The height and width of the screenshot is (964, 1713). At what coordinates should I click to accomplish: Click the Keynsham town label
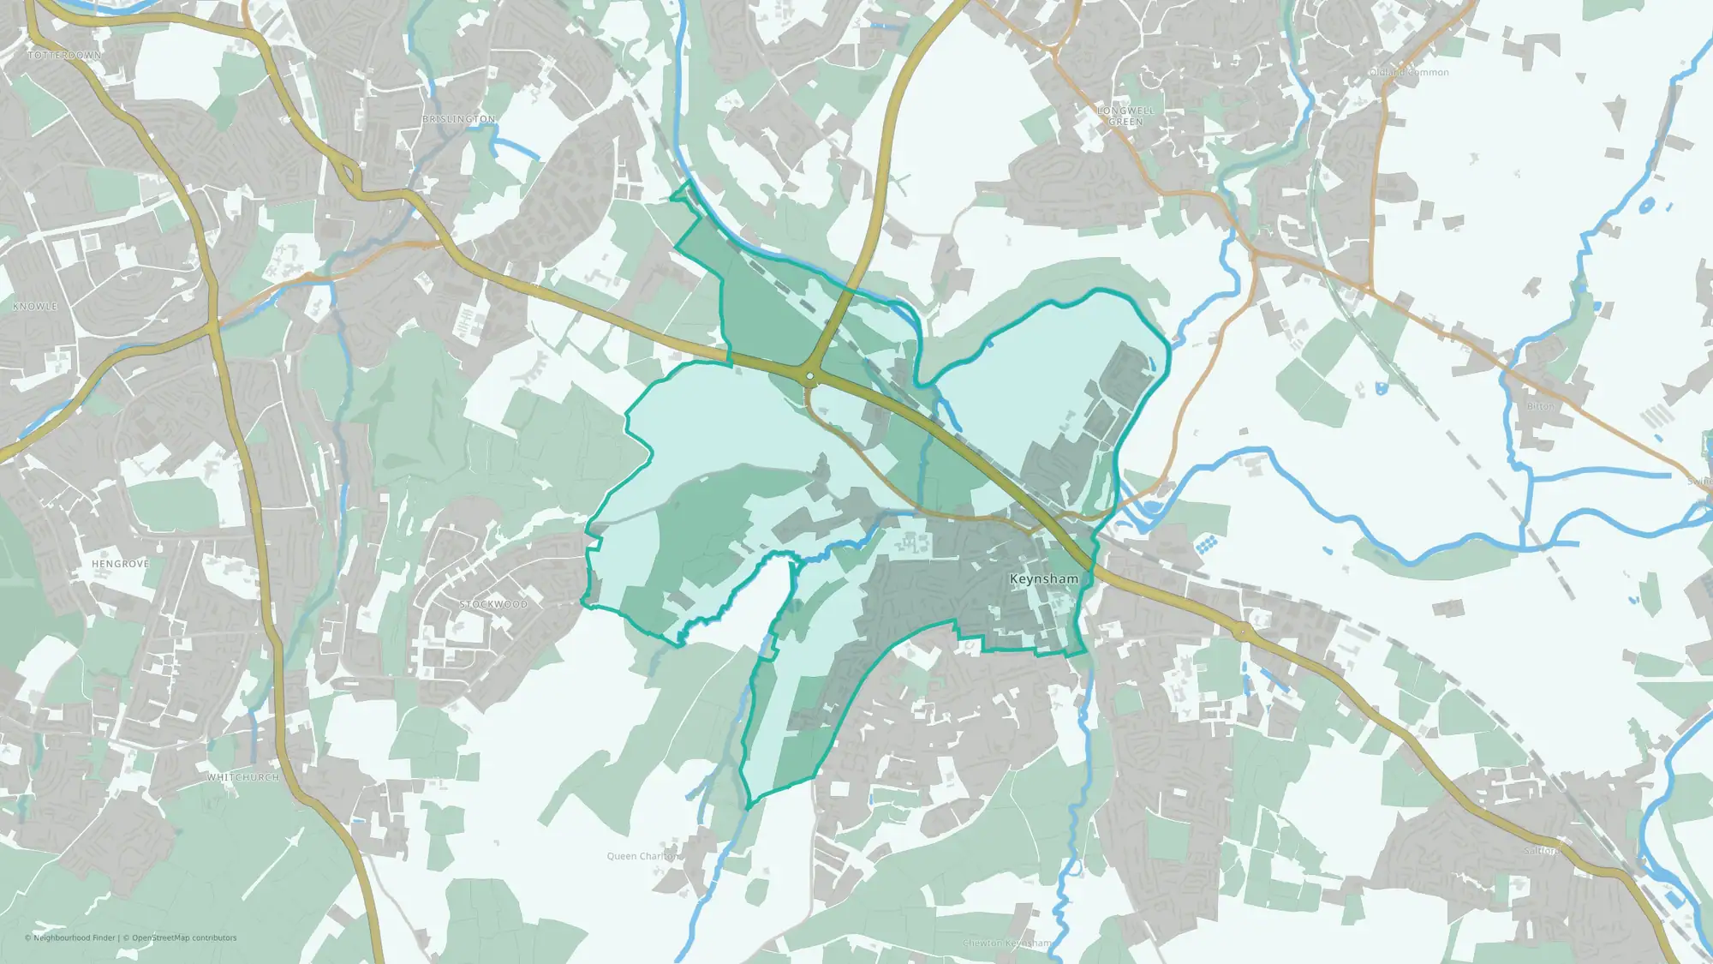[1044, 579]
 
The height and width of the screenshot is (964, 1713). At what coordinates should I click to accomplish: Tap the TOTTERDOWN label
[64, 56]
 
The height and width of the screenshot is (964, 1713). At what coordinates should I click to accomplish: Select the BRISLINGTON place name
[459, 119]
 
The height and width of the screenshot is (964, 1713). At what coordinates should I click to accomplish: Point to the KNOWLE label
[35, 307]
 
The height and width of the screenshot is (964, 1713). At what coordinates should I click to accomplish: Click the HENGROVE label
[121, 564]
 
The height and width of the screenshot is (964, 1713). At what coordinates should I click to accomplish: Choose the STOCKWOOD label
[493, 604]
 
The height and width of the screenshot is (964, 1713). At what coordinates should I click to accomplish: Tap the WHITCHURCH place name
[243, 777]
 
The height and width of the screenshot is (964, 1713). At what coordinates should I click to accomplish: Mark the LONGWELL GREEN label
[1125, 117]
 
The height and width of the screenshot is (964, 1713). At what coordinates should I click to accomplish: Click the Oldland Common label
[1409, 73]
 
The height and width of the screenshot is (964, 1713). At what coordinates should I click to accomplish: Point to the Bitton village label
[1540, 406]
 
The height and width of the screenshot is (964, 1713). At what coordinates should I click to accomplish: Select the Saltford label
[1542, 851]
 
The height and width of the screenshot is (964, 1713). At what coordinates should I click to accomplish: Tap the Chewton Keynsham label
[1007, 943]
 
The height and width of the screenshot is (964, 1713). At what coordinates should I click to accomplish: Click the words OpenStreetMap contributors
[184, 937]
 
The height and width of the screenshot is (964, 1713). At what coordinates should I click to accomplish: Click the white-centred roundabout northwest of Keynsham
[809, 375]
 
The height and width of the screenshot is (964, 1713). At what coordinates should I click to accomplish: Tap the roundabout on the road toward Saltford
[1243, 632]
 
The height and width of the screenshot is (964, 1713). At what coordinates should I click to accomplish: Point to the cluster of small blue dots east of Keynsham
[1205, 544]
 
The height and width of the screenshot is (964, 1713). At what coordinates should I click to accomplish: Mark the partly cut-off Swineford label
[1699, 482]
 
